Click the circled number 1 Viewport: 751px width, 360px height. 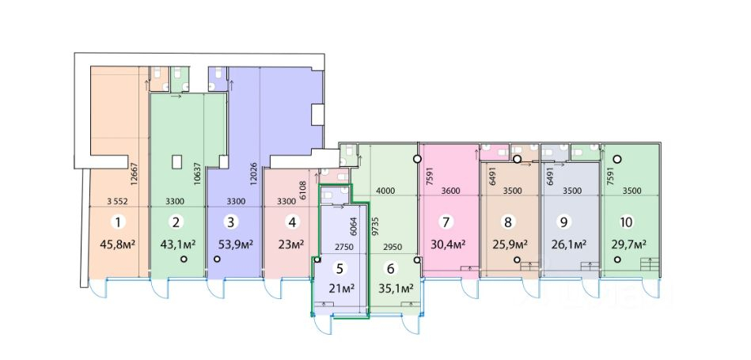(x=117, y=222)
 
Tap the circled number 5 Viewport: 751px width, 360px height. (x=339, y=268)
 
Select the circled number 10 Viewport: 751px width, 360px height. (x=626, y=222)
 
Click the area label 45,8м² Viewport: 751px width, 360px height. (x=117, y=244)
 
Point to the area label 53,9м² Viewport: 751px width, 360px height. (x=235, y=244)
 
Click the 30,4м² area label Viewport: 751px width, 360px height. (x=448, y=244)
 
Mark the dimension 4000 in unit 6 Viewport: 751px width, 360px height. (x=385, y=191)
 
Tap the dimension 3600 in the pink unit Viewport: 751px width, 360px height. (x=450, y=191)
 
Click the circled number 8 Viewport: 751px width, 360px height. (x=508, y=222)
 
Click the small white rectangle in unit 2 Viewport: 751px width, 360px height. (x=177, y=162)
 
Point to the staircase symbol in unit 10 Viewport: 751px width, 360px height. (x=650, y=264)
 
